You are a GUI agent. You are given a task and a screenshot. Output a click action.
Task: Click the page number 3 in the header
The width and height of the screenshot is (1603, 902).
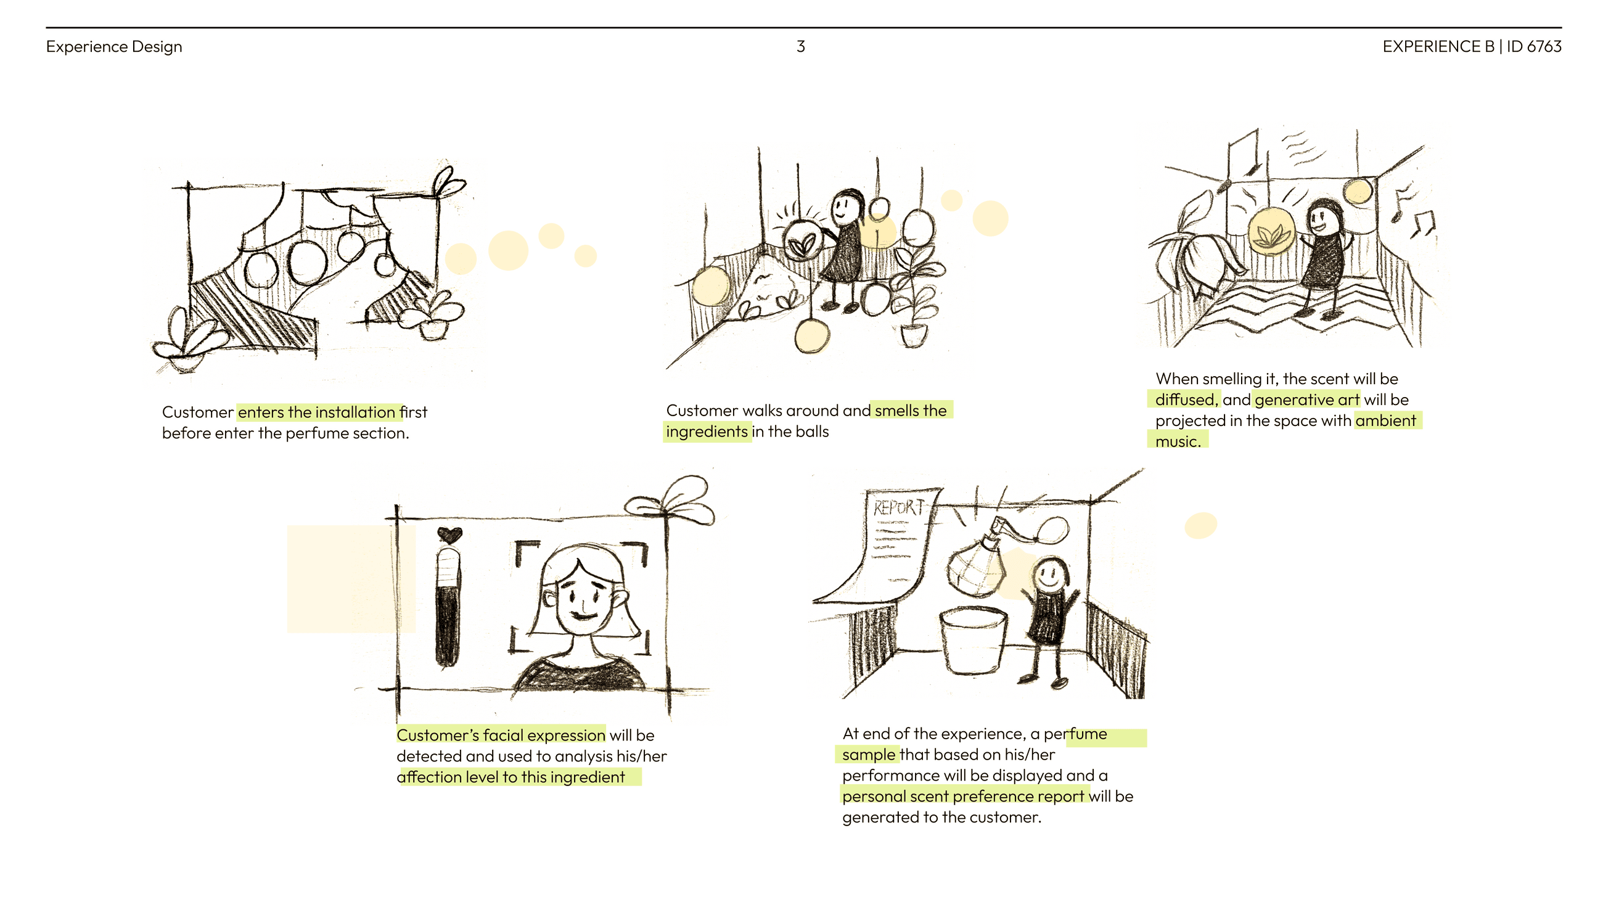tap(801, 46)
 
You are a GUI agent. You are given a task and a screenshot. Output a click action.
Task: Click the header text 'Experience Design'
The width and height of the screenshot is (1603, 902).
tap(114, 47)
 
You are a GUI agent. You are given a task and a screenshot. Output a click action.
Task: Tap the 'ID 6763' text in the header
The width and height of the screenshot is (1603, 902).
tap(1534, 46)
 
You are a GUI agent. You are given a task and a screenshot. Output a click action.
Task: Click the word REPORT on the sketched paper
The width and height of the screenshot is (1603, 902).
tap(897, 507)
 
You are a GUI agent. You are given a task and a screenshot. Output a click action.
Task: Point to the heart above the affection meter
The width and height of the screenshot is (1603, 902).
tap(449, 534)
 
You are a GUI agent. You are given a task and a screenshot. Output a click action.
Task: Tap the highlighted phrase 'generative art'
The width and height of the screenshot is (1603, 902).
tap(1307, 400)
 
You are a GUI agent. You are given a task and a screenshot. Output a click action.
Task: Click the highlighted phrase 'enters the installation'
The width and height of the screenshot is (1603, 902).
tap(317, 412)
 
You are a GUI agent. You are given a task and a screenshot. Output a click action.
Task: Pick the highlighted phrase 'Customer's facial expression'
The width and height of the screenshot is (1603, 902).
tap(501, 735)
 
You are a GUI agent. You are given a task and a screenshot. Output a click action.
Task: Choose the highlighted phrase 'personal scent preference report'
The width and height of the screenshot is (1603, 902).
tap(963, 796)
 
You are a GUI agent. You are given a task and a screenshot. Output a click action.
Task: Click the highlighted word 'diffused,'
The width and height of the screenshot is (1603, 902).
tap(1187, 400)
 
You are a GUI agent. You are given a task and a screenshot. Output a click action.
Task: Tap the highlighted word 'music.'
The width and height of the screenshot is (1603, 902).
tap(1178, 441)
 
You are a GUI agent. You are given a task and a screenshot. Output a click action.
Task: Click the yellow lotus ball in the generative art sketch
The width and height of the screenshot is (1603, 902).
tap(1271, 231)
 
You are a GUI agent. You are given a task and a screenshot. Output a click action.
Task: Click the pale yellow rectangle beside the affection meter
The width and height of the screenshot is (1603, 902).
tap(351, 579)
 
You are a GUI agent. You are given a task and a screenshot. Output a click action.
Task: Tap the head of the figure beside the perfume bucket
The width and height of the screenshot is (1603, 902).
tap(1051, 575)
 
